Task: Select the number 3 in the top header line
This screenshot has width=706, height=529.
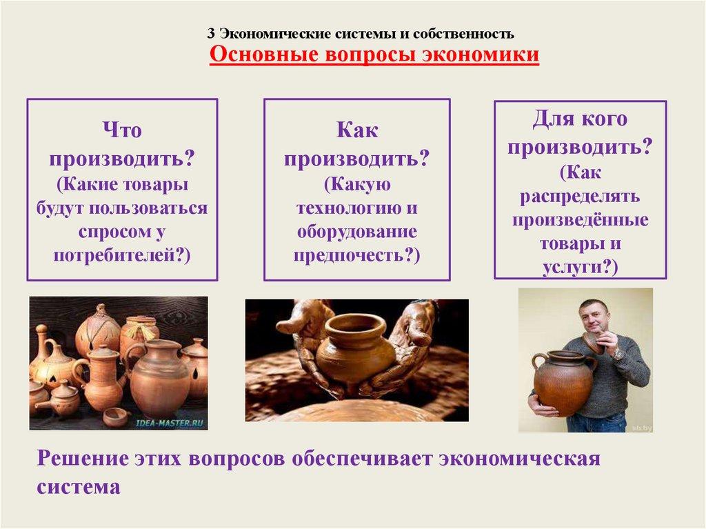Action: (x=212, y=33)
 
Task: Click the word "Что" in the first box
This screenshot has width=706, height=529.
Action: (x=123, y=130)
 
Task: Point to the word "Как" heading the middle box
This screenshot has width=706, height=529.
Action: (x=357, y=130)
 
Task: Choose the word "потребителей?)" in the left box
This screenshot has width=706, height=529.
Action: (x=123, y=255)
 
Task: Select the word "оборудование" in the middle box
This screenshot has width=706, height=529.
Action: (x=357, y=232)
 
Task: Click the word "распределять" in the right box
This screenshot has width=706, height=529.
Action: (x=581, y=197)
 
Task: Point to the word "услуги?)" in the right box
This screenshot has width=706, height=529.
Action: (x=581, y=268)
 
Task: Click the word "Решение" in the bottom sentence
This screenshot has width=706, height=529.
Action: (x=83, y=459)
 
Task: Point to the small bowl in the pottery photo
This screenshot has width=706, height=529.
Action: (x=115, y=416)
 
